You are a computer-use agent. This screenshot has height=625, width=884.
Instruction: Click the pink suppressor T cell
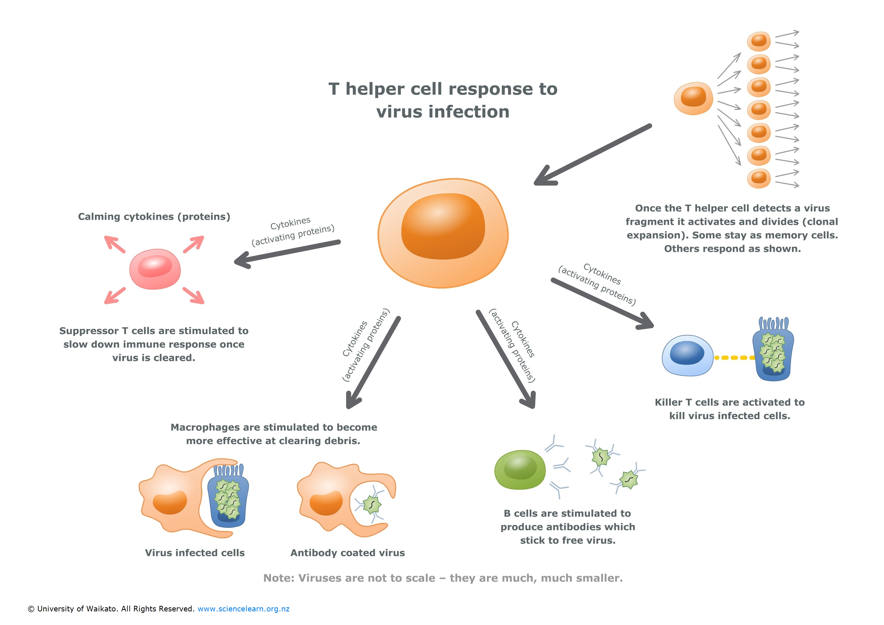[x=155, y=269]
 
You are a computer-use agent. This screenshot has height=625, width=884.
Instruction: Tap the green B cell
[x=520, y=470]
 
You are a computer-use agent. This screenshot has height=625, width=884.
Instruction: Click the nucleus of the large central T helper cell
[x=443, y=226]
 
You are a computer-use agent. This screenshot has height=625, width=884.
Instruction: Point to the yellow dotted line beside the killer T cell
[x=734, y=358]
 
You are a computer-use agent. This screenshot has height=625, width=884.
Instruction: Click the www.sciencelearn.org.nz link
[x=243, y=609]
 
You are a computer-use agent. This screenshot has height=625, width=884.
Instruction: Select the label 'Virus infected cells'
[x=195, y=553]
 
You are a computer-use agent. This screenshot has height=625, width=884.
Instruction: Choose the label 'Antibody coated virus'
[x=348, y=553]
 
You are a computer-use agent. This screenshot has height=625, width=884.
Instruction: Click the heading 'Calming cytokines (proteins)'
[x=154, y=216]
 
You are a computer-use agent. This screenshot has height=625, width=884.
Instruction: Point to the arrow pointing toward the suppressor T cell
[x=287, y=253]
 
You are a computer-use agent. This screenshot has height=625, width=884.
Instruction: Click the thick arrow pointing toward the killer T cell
[x=601, y=303]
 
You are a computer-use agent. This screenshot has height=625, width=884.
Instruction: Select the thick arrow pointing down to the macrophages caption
[x=373, y=362]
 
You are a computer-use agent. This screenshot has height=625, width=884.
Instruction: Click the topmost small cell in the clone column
[x=759, y=41]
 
